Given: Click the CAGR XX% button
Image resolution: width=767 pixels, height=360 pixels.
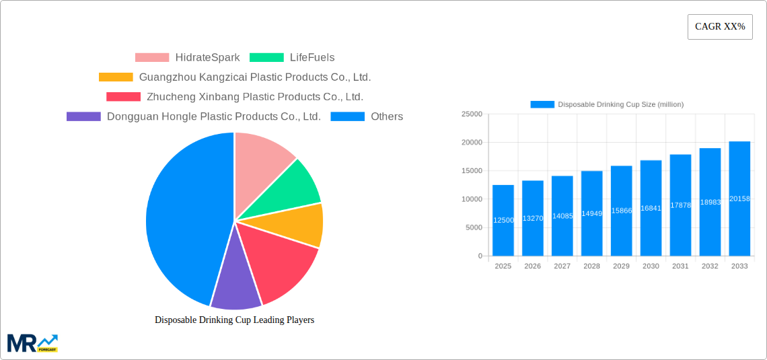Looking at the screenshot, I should pos(720,27).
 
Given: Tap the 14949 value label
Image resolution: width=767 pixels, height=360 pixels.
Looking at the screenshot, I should pos(591,213).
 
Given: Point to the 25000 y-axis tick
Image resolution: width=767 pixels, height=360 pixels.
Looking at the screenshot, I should pos(472,114).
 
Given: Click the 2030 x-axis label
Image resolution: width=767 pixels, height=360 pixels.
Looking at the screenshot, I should pos(651,266).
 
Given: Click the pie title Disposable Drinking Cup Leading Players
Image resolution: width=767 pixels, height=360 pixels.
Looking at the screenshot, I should pos(234,320).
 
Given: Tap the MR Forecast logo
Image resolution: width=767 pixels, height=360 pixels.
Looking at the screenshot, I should pos(32,343).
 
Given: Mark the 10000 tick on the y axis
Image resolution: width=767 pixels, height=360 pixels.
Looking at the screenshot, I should pos(472,199).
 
